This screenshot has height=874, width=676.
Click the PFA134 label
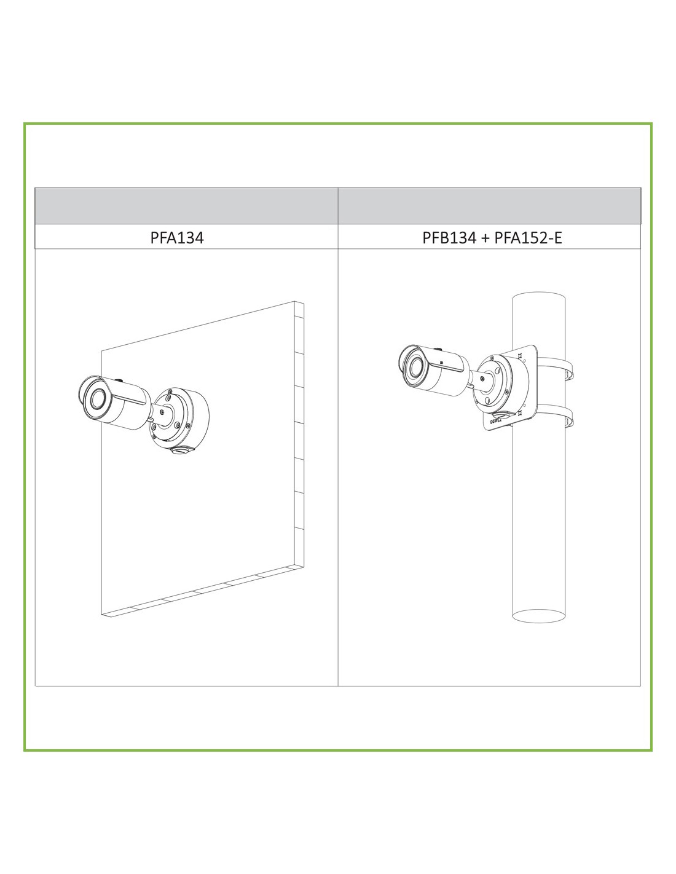coord(177,237)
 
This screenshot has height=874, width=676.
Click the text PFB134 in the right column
coord(449,238)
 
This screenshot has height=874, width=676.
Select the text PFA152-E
coord(528,238)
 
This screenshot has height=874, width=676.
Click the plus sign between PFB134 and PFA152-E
coord(485,238)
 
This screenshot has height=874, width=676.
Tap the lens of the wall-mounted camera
coord(98,399)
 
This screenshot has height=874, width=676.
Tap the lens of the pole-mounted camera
coord(414,366)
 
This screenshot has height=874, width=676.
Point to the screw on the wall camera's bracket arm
coord(162,411)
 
